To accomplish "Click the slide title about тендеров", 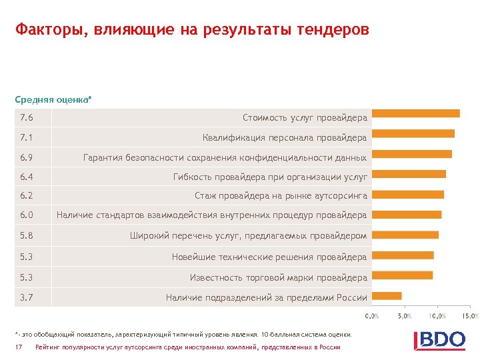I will [192, 31].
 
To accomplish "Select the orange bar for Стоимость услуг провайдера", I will [415, 113].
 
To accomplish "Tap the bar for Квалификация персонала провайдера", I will [413, 133].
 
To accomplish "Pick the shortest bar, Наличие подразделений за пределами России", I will [387, 295].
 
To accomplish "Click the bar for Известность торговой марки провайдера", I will [402, 275].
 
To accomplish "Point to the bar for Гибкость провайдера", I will [409, 174].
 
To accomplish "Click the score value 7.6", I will [27, 118].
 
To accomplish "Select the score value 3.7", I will [27, 297].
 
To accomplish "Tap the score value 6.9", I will [27, 158].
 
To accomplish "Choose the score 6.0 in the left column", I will [27, 215].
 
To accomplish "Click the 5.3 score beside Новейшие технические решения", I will [27, 257].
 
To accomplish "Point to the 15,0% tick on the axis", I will [470, 315].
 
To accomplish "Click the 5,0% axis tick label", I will [404, 315].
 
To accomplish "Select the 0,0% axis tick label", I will [371, 315].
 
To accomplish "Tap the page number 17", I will [19, 347].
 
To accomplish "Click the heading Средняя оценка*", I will [53, 99].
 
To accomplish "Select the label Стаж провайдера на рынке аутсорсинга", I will [281, 195].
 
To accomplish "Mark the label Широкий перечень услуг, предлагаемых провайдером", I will [248, 235].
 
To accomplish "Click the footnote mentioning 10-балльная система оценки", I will [182, 333].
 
